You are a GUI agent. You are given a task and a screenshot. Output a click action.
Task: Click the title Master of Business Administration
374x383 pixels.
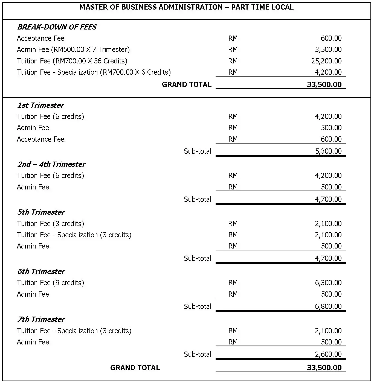186,7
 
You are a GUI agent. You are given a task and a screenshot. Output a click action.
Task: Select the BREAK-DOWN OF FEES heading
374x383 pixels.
57,27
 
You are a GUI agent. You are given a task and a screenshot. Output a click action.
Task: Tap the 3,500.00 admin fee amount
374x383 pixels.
328,49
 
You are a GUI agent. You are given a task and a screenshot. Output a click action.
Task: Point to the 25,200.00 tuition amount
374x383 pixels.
326,61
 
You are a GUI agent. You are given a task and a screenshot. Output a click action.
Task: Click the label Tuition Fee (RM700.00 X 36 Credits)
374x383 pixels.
72,61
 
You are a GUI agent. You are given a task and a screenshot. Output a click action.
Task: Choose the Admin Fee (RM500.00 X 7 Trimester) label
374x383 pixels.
73,49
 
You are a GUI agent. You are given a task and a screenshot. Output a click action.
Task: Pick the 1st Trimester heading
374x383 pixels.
40,105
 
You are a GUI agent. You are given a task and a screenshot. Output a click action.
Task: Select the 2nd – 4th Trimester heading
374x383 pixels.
51,164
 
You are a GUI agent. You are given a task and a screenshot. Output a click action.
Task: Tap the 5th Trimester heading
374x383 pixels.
41,212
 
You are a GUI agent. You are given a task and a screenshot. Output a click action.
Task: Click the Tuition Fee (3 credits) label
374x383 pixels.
50,224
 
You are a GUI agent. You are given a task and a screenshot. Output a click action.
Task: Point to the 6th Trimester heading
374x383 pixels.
41,271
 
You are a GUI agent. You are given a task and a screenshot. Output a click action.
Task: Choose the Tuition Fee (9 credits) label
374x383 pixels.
50,283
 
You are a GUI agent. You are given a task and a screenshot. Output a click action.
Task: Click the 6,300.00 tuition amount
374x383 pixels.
328,283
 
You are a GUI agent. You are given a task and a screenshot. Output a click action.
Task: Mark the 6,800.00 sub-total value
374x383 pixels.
328,306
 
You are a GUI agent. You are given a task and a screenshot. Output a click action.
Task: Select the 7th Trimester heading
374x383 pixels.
41,319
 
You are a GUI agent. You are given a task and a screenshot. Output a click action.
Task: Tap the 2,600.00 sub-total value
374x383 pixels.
328,354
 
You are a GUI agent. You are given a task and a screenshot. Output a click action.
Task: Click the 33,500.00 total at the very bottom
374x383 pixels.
324,368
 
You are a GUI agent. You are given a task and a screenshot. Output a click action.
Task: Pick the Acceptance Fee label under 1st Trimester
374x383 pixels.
40,139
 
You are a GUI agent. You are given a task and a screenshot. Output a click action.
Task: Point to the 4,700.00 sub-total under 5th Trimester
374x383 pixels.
328,258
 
